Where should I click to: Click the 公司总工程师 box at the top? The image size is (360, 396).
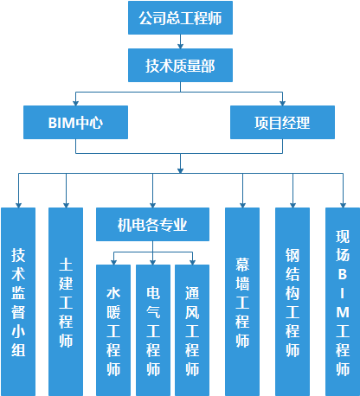click(x=179, y=17)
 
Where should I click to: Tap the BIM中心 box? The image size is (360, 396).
click(x=76, y=122)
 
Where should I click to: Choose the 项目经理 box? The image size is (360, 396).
click(x=282, y=122)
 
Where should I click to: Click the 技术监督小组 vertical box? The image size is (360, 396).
click(x=18, y=301)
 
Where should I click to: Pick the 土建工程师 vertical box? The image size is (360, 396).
click(x=66, y=301)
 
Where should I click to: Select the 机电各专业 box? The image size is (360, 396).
click(x=152, y=226)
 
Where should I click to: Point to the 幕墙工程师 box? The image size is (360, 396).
click(x=242, y=301)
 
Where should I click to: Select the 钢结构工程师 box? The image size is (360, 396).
click(x=292, y=301)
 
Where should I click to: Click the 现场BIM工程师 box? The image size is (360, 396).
click(x=343, y=301)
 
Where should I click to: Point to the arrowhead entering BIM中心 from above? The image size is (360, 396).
click(x=76, y=101)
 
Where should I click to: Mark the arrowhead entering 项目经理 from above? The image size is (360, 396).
click(x=282, y=101)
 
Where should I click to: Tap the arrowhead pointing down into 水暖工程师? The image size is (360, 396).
click(x=112, y=259)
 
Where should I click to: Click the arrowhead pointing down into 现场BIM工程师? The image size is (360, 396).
click(x=343, y=203)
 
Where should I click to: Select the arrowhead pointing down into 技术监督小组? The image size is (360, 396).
click(x=18, y=203)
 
